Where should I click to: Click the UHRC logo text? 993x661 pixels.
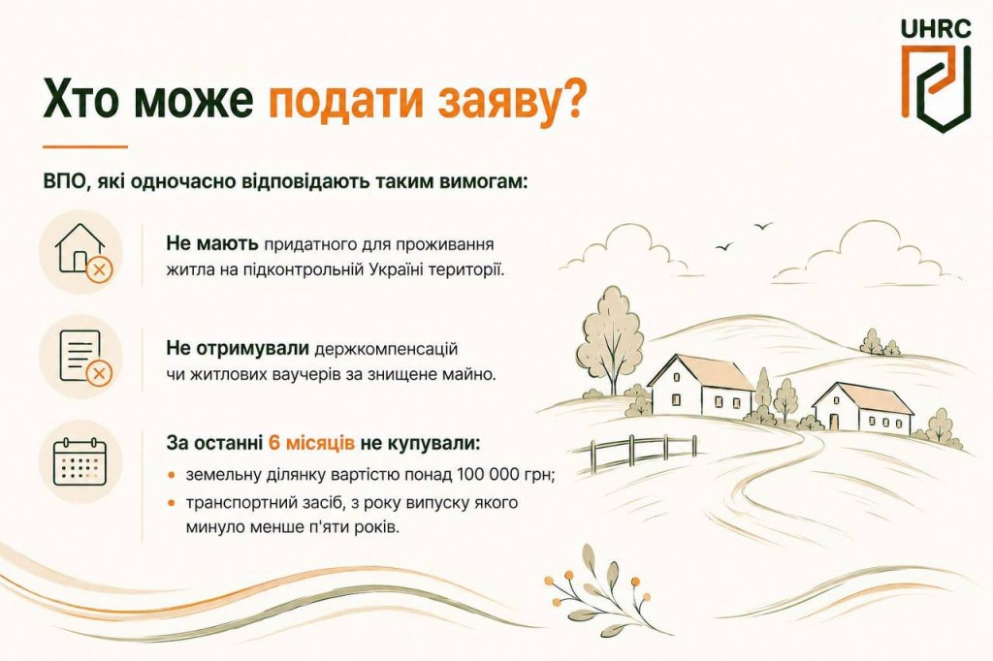point(936,28)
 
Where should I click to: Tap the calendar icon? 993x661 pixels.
point(80,461)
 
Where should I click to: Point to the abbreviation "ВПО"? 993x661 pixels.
point(62,181)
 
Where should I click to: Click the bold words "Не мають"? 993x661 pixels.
point(212,243)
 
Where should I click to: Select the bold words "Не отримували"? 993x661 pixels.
point(238,348)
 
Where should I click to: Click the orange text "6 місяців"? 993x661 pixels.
point(311,443)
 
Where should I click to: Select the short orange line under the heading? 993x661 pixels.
point(85,147)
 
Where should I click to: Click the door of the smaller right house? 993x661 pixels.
point(834,422)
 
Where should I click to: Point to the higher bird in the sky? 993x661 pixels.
point(764,226)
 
